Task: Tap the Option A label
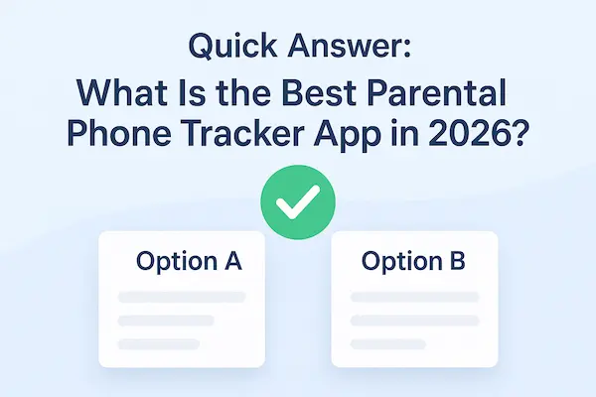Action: coord(187,263)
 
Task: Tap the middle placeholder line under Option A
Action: coord(165,321)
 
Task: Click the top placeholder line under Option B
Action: coord(415,298)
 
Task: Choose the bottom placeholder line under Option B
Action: coord(387,343)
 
